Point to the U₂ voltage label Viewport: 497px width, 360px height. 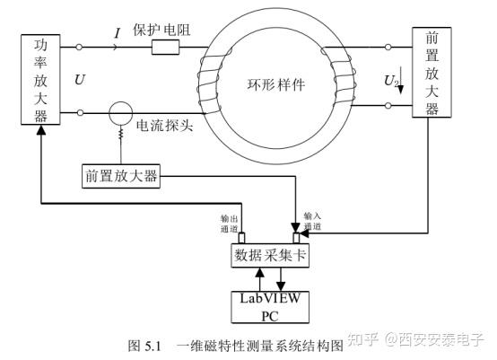tap(390, 83)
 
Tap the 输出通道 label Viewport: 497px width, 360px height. tap(230, 224)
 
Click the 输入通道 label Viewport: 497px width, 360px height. tap(312, 222)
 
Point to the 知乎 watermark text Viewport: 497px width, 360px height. tap(363, 340)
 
